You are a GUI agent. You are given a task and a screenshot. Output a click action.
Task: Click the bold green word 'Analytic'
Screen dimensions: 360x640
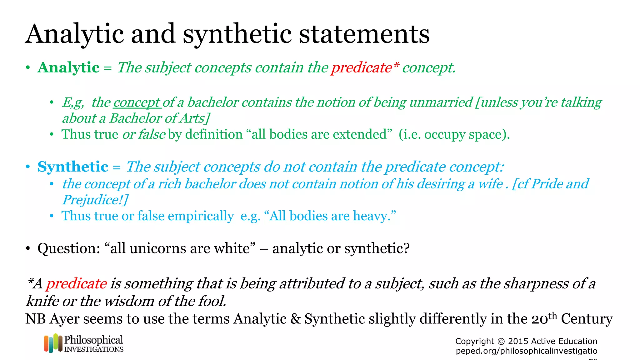click(68, 67)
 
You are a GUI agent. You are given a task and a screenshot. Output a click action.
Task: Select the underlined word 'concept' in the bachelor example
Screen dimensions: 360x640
click(137, 102)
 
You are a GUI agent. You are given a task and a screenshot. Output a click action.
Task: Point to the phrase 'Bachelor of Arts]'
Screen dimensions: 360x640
click(159, 118)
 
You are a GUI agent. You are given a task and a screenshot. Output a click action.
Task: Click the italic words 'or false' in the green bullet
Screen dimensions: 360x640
click(144, 134)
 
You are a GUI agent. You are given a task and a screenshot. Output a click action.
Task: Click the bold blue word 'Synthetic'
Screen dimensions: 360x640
click(73, 167)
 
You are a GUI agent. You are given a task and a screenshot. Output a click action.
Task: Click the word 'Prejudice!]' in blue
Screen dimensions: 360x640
click(95, 200)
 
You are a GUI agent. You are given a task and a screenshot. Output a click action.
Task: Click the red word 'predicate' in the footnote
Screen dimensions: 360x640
click(77, 284)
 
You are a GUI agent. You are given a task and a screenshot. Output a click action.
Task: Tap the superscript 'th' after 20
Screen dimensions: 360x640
click(553, 316)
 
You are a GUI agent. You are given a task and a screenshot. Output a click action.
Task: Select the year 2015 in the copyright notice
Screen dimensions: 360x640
click(518, 341)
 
